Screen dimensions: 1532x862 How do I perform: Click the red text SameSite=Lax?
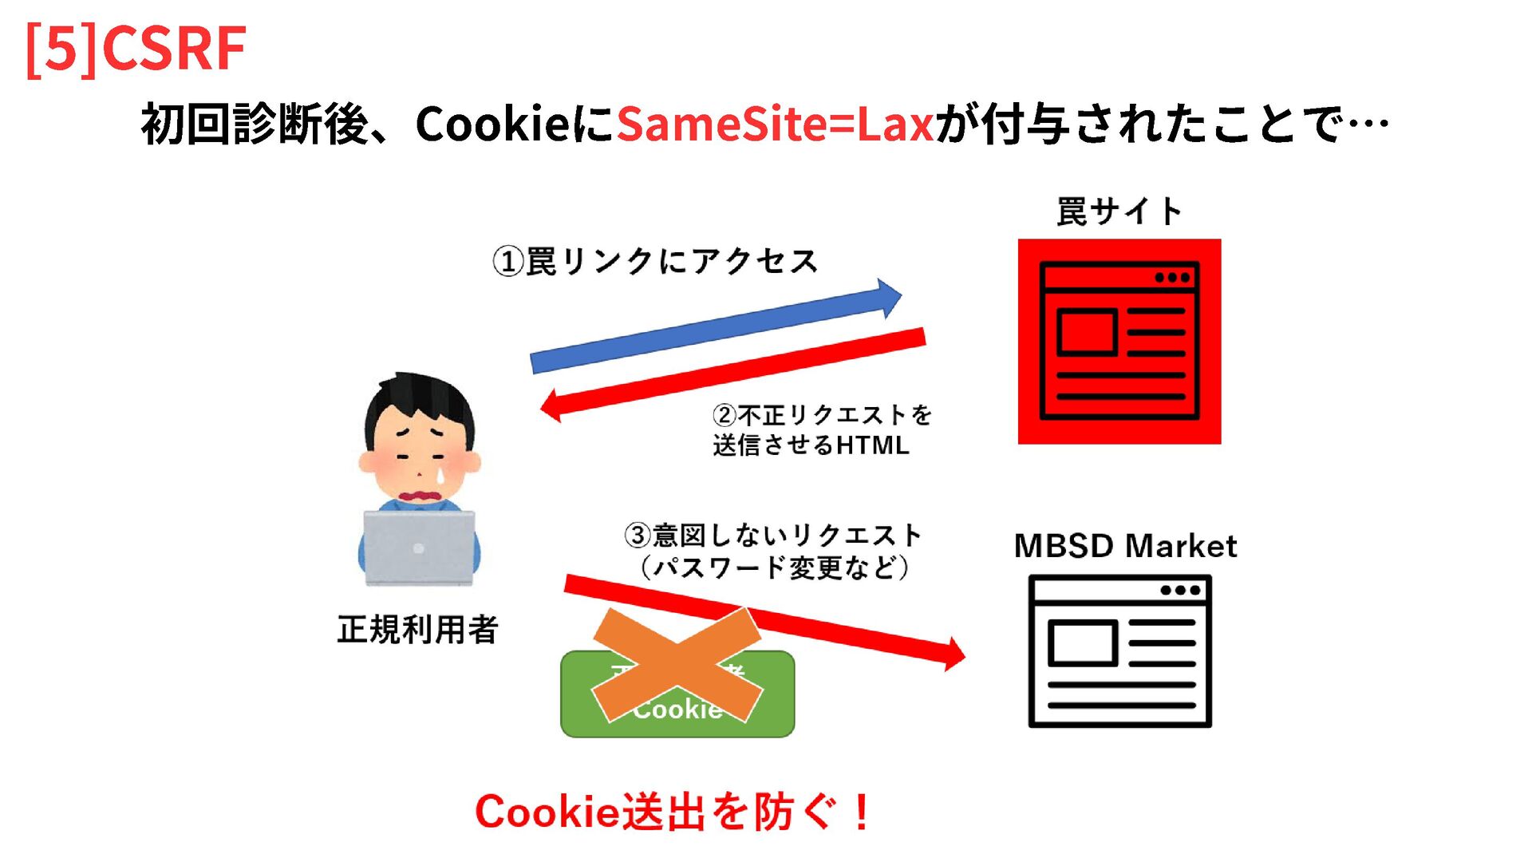[775, 125]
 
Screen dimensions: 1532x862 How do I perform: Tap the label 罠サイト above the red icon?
[1119, 212]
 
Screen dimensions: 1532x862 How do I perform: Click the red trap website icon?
[1119, 341]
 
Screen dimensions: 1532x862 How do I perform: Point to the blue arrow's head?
[889, 298]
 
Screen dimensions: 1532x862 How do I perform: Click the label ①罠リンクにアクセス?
[655, 262]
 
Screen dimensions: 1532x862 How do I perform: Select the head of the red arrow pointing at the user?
[552, 405]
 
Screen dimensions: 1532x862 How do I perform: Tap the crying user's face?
[420, 455]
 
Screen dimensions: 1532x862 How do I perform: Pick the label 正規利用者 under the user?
[417, 630]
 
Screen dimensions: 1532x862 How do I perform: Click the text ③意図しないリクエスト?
[772, 535]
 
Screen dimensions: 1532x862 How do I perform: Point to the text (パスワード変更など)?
[774, 567]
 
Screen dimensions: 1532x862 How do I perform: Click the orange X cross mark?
[677, 664]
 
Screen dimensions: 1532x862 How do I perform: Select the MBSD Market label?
[1125, 547]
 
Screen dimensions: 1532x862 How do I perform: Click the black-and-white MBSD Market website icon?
[1119, 650]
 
